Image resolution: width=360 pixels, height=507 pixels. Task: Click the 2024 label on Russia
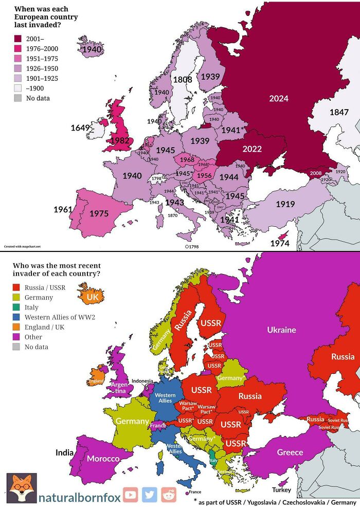pyautogui.click(x=279, y=98)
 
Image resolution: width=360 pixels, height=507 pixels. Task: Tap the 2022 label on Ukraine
pyautogui.click(x=252, y=149)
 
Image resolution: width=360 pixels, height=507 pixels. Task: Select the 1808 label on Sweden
pyautogui.click(x=182, y=80)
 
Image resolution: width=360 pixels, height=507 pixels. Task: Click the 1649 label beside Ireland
pyautogui.click(x=81, y=128)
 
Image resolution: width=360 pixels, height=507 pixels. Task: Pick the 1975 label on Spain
pyautogui.click(x=99, y=213)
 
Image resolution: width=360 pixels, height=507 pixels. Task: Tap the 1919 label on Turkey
pyautogui.click(x=285, y=204)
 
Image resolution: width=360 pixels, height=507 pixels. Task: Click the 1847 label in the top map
pyautogui.click(x=339, y=112)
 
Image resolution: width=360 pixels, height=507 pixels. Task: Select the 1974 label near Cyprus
pyautogui.click(x=280, y=243)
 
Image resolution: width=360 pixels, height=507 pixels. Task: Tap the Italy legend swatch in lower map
pyautogui.click(x=18, y=307)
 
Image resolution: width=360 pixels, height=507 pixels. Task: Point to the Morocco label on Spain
pyautogui.click(x=103, y=458)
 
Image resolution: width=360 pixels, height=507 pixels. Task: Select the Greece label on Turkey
pyautogui.click(x=290, y=452)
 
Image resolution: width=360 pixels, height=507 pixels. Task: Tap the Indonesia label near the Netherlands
pyautogui.click(x=142, y=381)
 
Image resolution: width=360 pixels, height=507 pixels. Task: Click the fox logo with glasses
pyautogui.click(x=21, y=488)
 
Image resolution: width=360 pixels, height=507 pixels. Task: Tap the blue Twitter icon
pyautogui.click(x=149, y=495)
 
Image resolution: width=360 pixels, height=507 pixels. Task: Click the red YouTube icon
pyautogui.click(x=130, y=495)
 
